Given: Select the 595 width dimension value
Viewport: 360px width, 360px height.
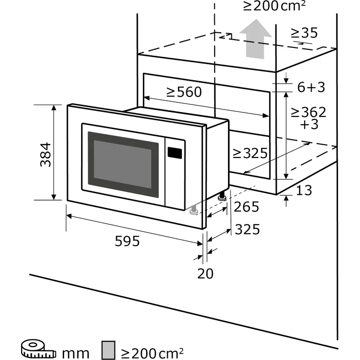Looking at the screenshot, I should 127,241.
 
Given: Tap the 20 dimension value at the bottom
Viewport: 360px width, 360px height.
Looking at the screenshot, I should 205,273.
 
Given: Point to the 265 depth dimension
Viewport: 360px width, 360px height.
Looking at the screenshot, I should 246,207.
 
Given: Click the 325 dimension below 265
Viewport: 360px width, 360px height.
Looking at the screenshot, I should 246,229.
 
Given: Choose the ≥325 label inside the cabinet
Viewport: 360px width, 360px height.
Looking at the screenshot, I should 249,153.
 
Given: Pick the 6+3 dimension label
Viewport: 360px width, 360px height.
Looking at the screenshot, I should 311,87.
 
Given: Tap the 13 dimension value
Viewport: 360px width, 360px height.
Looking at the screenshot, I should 304,190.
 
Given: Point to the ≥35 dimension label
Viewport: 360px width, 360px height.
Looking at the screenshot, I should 304,33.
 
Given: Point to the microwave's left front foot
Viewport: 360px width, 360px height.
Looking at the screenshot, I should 193,210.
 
